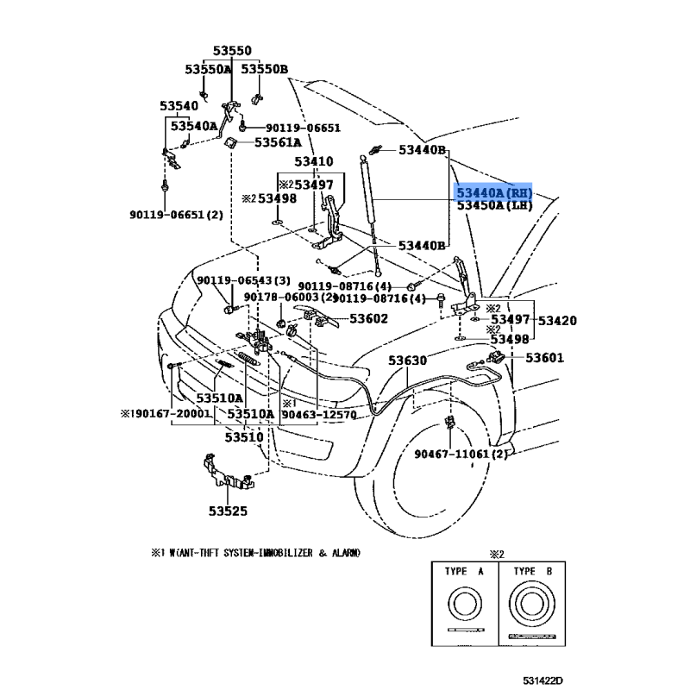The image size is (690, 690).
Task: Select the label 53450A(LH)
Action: tap(494, 205)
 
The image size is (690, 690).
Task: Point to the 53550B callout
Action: tap(264, 69)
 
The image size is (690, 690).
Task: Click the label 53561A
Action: tap(277, 142)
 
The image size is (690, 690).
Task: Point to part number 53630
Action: tap(407, 361)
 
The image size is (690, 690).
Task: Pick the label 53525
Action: tap(226, 511)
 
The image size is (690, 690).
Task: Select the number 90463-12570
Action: tap(319, 415)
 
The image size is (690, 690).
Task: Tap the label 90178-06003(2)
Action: tap(285, 298)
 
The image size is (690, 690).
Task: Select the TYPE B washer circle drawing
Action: tap(536, 605)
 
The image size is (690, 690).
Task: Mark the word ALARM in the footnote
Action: tap(346, 552)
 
